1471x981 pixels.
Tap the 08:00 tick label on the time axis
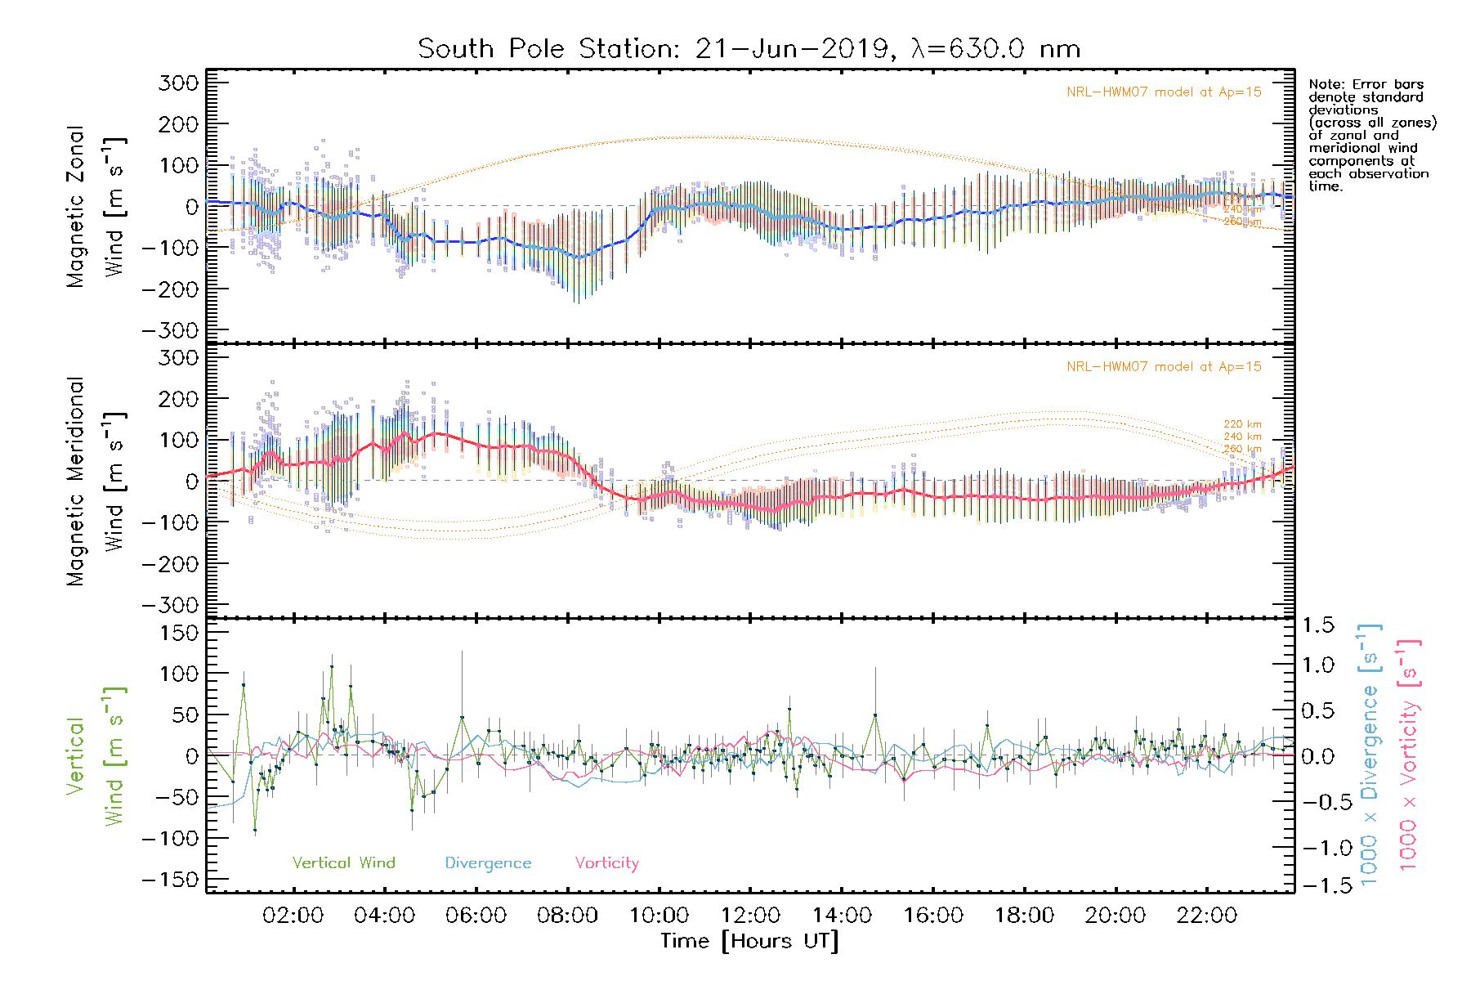[567, 916]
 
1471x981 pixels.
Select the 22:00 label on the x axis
[1206, 916]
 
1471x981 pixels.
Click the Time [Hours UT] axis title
[749, 941]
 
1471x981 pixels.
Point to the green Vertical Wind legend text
[343, 862]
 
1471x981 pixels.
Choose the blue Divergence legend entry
[488, 862]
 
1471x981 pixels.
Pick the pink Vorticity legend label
[606, 862]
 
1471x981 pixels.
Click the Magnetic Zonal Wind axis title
[96, 206]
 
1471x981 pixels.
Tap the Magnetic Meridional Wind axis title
[96, 481]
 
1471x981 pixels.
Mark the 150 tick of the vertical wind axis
[179, 632]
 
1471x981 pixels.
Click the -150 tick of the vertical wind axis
[170, 880]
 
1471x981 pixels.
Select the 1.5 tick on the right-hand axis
[1317, 625]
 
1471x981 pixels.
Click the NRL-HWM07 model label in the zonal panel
[1164, 92]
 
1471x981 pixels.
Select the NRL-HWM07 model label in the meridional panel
[1164, 367]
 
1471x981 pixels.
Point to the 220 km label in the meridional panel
[1242, 424]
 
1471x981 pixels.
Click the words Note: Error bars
[1366, 84]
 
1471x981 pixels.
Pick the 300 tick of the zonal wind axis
[179, 83]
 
